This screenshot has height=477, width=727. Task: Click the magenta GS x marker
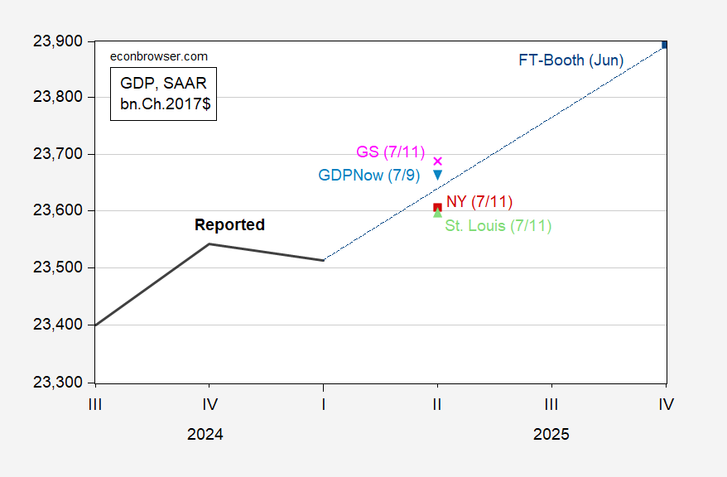(x=438, y=161)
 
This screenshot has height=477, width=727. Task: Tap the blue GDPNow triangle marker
(x=437, y=175)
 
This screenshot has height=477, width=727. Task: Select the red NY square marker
(x=437, y=207)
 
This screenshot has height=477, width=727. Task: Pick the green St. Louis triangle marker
(x=437, y=213)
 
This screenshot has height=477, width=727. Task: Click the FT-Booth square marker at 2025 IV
(x=664, y=45)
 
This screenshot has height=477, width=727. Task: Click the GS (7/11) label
(x=390, y=152)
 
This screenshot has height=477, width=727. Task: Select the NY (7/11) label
(x=479, y=201)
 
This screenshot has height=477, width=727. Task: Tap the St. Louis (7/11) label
(x=498, y=225)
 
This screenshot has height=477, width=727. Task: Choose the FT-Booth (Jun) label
(x=571, y=60)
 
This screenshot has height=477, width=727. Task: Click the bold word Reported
(x=229, y=224)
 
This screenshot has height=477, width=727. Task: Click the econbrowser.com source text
(x=160, y=56)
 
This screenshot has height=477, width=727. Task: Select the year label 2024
(x=206, y=434)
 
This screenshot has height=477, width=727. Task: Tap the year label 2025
(x=551, y=434)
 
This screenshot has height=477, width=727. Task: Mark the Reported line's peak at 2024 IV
(x=209, y=243)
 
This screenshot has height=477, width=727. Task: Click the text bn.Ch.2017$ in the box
(x=164, y=105)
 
